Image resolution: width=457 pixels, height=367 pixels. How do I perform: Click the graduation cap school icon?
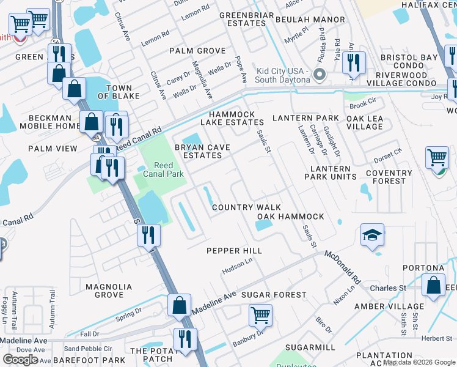(372, 235)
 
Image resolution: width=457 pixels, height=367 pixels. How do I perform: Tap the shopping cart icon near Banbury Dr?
(260, 316)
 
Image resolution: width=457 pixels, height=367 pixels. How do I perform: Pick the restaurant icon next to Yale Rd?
(354, 62)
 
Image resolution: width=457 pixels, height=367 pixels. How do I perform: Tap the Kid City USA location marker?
(318, 76)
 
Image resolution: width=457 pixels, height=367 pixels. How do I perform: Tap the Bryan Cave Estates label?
(198, 151)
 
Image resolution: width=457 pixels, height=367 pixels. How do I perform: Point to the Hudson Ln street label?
(237, 265)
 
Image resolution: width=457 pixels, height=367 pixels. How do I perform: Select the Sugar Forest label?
(273, 295)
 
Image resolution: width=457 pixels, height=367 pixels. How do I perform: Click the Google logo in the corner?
(21, 359)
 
